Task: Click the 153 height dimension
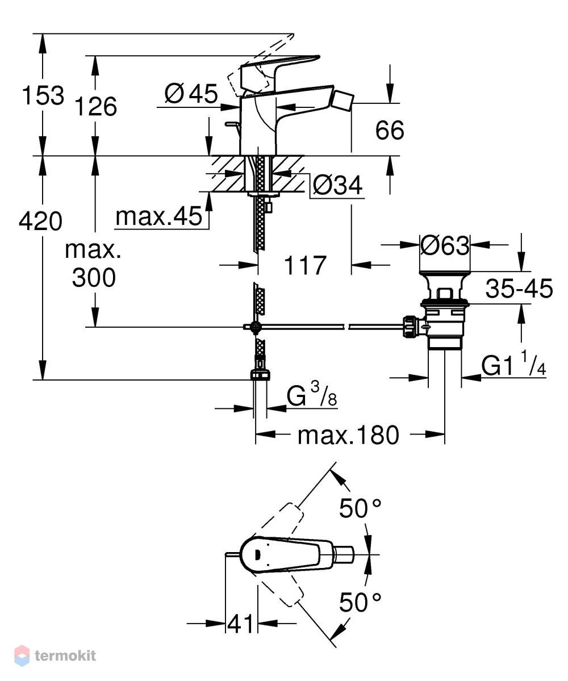pyautogui.click(x=43, y=95)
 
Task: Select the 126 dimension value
pyautogui.click(x=96, y=106)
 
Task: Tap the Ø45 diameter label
pyautogui.click(x=191, y=93)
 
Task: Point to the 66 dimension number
pyautogui.click(x=390, y=130)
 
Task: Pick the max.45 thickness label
pyautogui.click(x=159, y=216)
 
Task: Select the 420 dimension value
pyautogui.click(x=40, y=221)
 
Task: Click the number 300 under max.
pyautogui.click(x=94, y=278)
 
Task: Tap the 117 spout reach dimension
pyautogui.click(x=305, y=265)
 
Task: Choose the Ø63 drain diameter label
pyautogui.click(x=445, y=245)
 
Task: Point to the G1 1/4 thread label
pyautogui.click(x=513, y=364)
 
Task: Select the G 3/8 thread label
pyautogui.click(x=312, y=394)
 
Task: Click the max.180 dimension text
pyautogui.click(x=348, y=434)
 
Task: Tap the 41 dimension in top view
pyautogui.click(x=240, y=624)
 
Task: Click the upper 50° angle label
pyautogui.click(x=361, y=508)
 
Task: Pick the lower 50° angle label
pyautogui.click(x=361, y=603)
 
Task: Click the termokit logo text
pyautogui.click(x=65, y=655)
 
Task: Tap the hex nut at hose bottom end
pyautogui.click(x=260, y=375)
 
